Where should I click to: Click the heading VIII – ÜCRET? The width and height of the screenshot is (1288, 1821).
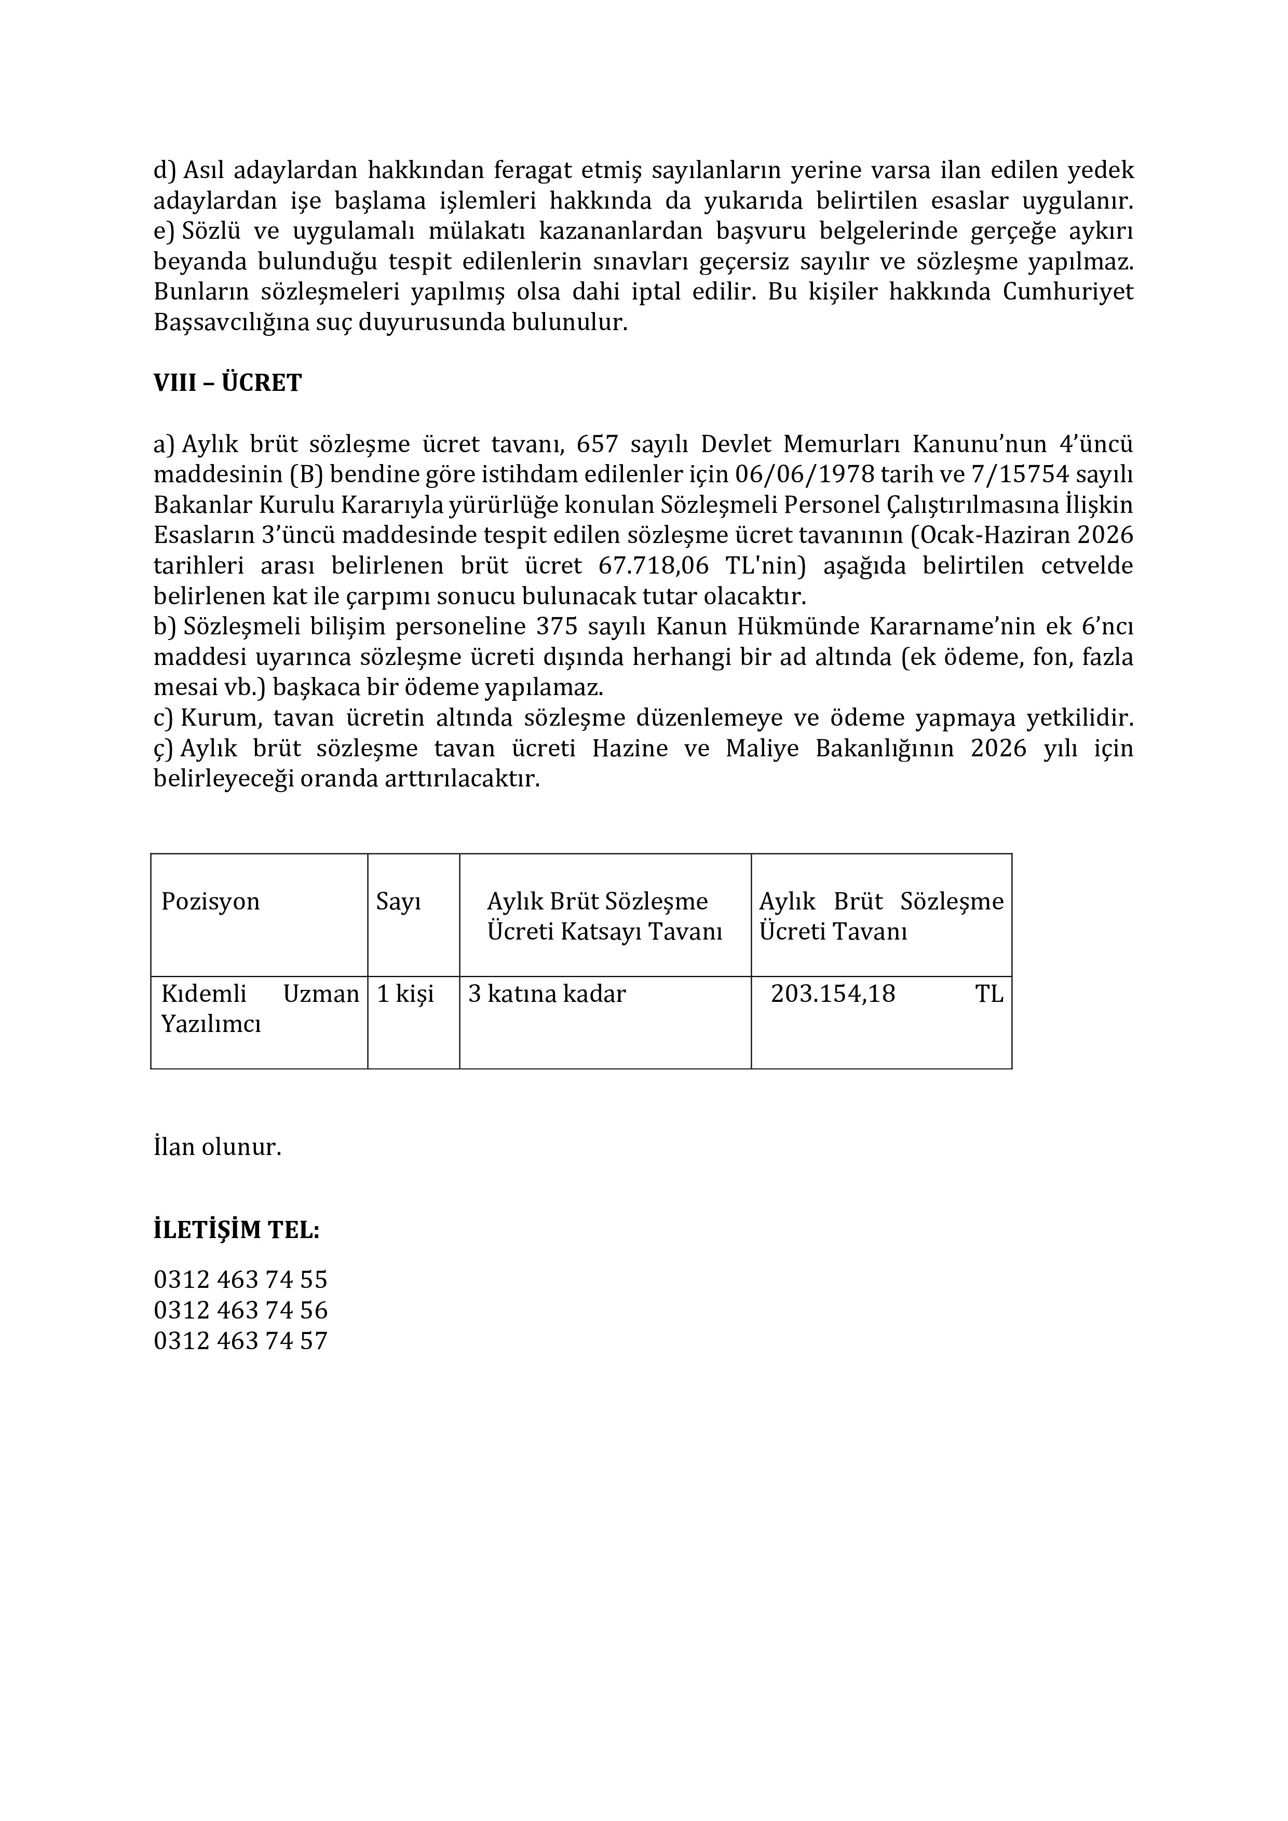[x=227, y=383]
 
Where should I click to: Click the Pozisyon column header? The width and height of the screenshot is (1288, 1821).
[x=210, y=902]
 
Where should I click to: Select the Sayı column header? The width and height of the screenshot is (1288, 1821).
[x=398, y=902]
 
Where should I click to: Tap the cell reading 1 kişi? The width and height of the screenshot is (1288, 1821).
[x=405, y=994]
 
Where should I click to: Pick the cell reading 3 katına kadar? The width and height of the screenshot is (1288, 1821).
[x=547, y=994]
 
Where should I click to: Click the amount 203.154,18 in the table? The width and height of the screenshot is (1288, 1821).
[x=833, y=994]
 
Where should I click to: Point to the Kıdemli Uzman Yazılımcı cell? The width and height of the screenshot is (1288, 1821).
[x=260, y=1008]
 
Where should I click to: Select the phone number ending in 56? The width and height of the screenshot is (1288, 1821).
[x=240, y=1310]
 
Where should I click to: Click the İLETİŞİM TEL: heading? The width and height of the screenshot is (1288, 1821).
[x=236, y=1230]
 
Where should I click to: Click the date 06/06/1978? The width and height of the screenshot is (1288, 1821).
[x=805, y=474]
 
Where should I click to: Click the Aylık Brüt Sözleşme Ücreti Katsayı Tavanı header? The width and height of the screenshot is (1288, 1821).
[x=604, y=916]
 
